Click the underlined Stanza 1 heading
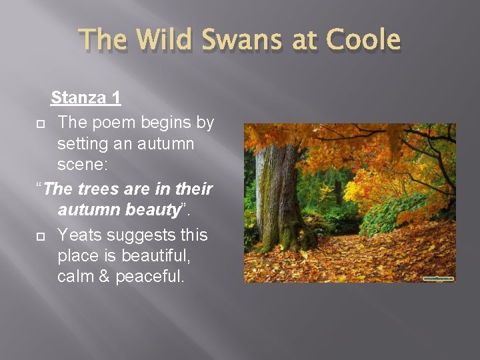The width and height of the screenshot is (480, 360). (86, 98)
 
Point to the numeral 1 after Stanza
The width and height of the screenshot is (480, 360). (116, 98)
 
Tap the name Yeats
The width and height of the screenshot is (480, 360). (79, 235)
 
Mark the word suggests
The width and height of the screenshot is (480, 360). (141, 235)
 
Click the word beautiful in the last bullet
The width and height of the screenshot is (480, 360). (157, 255)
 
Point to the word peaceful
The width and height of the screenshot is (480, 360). (149, 276)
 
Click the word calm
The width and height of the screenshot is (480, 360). (76, 276)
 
